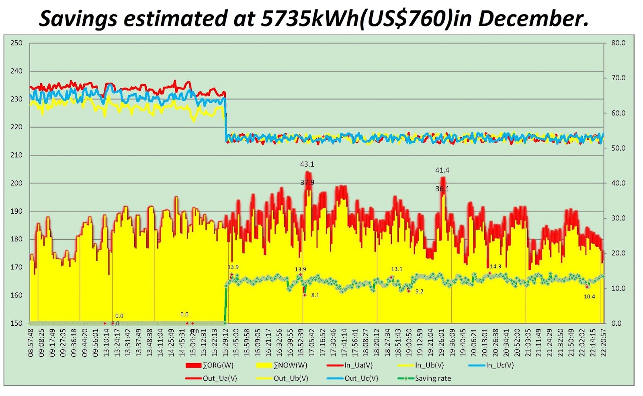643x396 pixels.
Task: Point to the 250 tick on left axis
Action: pos(16,43)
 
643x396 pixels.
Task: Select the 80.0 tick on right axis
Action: pos(618,43)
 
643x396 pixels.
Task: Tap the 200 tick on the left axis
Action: pos(16,183)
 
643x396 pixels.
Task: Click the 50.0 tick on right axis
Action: pos(618,148)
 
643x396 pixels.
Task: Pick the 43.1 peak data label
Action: pos(307,164)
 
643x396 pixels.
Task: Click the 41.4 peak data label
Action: pos(442,170)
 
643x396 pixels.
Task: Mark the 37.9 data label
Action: pos(307,183)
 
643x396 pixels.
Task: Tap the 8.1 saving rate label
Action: pos(315,295)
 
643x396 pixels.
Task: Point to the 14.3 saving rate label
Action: pos(496,267)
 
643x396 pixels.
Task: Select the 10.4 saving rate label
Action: pos(589,297)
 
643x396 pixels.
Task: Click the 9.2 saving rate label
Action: pos(419,292)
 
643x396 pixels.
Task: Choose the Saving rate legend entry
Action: pos(432,378)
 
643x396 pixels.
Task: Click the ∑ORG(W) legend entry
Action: pos(217,365)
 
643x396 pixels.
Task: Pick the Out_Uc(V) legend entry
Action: pos(361,378)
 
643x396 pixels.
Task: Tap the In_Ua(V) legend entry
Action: pos(358,365)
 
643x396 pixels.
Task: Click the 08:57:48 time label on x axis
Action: pos(31,343)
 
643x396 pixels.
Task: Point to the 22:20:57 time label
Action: pos(603,343)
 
